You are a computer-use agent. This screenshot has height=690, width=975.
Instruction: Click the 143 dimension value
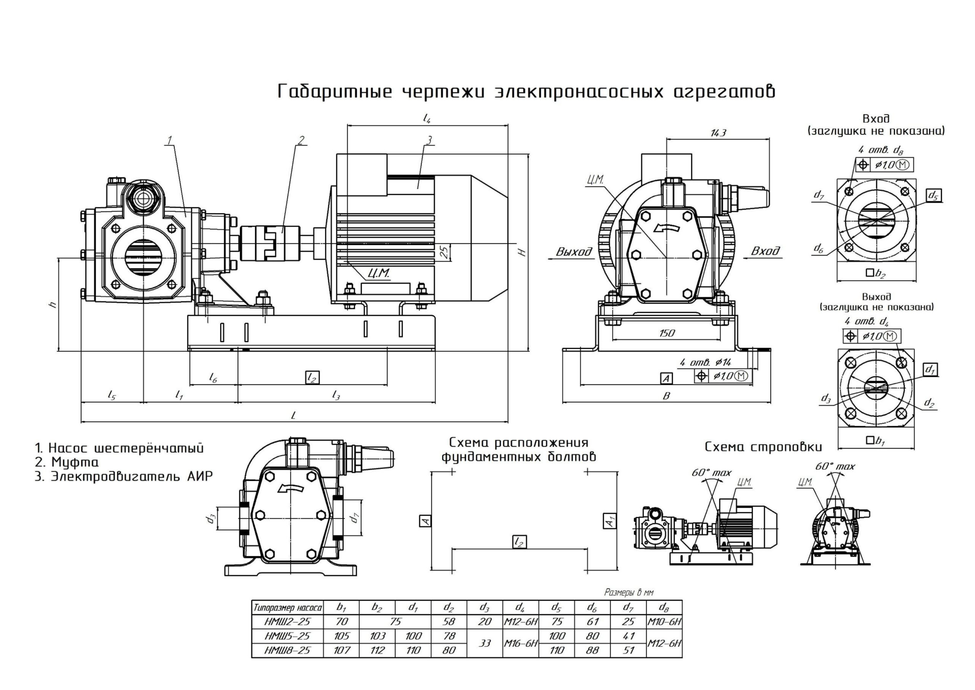tap(718, 133)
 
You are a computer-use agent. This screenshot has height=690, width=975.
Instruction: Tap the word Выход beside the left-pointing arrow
tap(574, 252)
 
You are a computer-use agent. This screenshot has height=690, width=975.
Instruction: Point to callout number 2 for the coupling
tap(301, 140)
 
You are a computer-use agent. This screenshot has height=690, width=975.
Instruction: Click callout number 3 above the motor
tap(429, 140)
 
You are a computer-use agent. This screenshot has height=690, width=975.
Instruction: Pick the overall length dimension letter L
tap(293, 416)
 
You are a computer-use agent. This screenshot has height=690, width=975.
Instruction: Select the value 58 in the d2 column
tap(449, 621)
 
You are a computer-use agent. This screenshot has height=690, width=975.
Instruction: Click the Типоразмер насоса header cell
tap(288, 608)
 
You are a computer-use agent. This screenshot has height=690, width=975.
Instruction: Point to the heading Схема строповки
tap(764, 447)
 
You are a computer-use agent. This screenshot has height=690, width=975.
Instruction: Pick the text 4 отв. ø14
tap(705, 362)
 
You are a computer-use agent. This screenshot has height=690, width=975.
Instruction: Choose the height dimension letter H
tap(523, 252)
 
